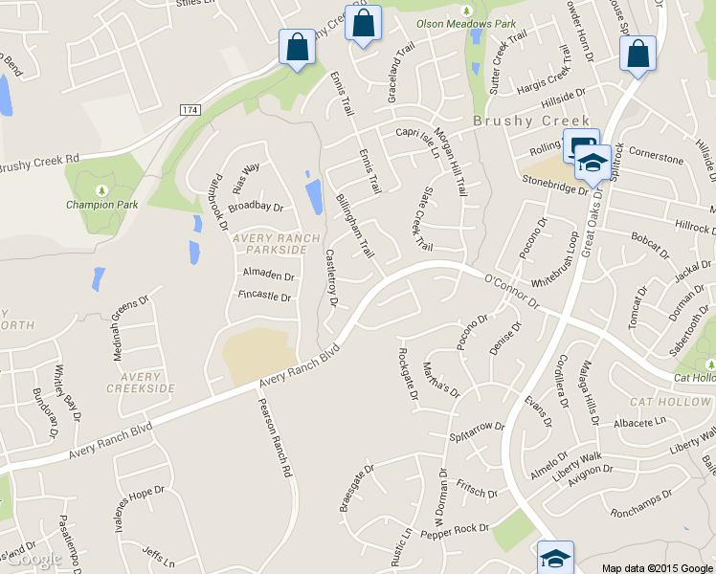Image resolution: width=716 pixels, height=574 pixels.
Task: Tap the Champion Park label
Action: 102,204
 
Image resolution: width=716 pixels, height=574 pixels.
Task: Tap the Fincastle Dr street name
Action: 264,297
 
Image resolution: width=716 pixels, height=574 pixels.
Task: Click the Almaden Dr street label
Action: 268,275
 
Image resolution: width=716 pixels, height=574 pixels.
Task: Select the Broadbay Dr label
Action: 257,207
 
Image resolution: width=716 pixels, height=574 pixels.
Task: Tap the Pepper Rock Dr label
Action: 459,530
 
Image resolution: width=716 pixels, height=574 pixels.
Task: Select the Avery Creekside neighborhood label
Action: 141,383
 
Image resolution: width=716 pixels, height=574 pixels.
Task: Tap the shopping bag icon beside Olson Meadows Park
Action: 363,25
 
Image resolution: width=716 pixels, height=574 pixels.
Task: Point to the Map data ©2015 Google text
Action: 658,567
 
